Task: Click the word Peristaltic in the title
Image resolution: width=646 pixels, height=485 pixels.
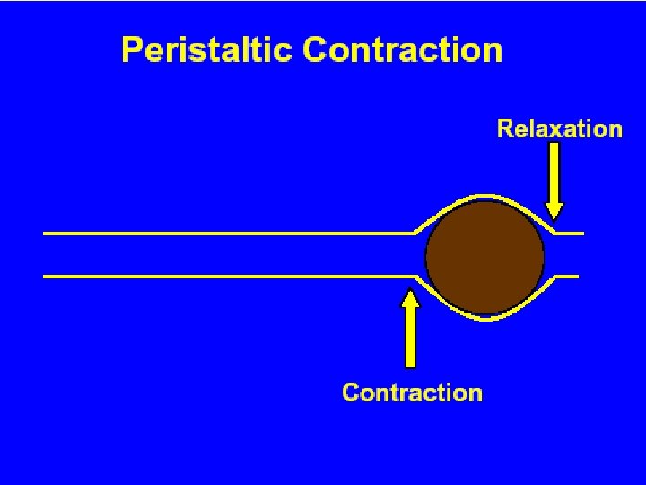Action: click(208, 49)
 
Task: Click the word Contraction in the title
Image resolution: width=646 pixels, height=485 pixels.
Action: click(403, 49)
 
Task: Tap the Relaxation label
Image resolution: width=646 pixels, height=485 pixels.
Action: click(559, 129)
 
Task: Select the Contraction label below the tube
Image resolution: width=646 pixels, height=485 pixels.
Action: click(412, 392)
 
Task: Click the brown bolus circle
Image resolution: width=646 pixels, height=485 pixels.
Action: click(484, 256)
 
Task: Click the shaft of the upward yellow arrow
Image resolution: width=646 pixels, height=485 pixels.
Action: click(410, 337)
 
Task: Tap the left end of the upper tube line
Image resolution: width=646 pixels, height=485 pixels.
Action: click(45, 234)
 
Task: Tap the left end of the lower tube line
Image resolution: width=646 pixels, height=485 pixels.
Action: click(45, 277)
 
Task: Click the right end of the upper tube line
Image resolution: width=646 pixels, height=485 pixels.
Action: click(582, 234)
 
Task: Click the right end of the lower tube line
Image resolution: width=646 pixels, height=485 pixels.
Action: click(577, 277)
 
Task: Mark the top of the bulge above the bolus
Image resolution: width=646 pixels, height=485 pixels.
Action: click(484, 195)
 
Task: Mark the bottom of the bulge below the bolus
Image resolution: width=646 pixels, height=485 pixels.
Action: click(484, 318)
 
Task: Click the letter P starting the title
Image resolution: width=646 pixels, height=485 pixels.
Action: click(132, 49)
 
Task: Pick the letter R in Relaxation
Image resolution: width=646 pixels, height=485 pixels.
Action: click(506, 129)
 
